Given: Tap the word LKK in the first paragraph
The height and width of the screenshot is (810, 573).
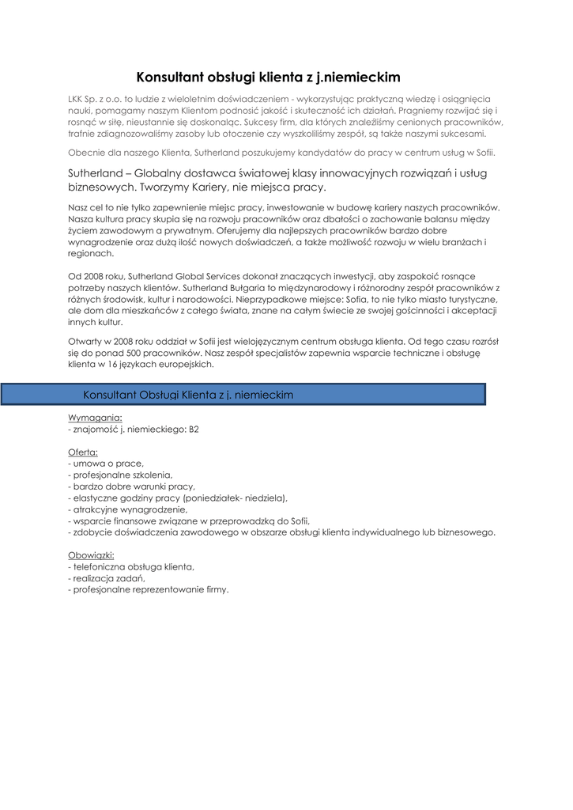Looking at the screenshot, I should pyautogui.click(x=77, y=100).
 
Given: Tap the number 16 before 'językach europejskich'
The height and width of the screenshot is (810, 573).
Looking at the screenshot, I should pyautogui.click(x=113, y=365).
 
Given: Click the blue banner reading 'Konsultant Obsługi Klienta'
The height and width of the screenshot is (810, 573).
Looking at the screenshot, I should pyautogui.click(x=243, y=394).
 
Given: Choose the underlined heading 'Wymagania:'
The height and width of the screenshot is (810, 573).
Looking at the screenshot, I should pyautogui.click(x=96, y=417).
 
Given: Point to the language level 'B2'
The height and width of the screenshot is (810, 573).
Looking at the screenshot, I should pyautogui.click(x=194, y=429).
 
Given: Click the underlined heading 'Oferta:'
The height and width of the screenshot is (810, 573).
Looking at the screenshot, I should pyautogui.click(x=83, y=452).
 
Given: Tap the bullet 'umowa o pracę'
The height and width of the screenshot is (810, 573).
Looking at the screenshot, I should pyautogui.click(x=108, y=464).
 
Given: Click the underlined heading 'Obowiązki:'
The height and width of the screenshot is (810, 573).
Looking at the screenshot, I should pyautogui.click(x=92, y=555).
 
